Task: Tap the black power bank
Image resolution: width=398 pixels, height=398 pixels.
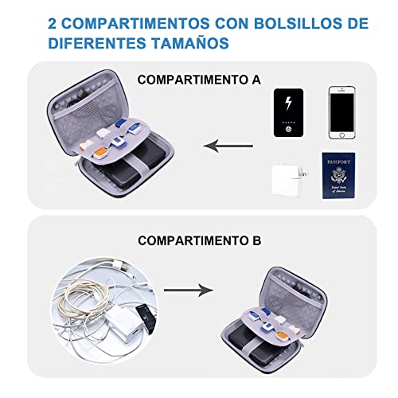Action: (288, 114)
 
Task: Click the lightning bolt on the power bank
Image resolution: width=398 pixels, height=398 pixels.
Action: (288, 104)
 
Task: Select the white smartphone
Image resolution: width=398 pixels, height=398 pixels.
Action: (345, 113)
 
